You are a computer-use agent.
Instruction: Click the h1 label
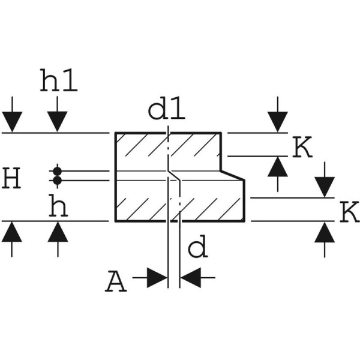tap(59, 81)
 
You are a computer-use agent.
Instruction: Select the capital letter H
tap(13, 179)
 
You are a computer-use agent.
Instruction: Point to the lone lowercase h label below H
tap(58, 207)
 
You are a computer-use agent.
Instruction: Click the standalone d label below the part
tap(198, 247)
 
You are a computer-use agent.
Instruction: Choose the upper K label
tap(302, 147)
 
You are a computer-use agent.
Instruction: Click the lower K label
tap(348, 212)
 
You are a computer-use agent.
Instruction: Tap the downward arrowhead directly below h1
tap(58, 123)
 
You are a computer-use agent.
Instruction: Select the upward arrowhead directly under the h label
tap(58, 230)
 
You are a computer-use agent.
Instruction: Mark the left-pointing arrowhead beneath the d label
tap(190, 278)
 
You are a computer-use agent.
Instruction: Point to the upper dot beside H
tap(58, 170)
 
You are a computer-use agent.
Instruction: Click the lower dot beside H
tap(58, 180)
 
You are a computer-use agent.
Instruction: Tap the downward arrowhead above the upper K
tap(278, 123)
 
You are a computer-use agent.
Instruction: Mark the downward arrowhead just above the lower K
tap(325, 188)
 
